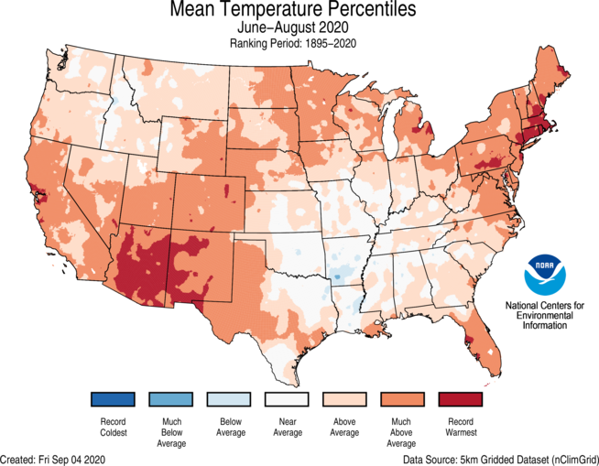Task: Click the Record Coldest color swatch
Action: coord(114,399)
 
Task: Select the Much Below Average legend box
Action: coord(171,399)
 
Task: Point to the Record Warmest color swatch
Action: coord(460,399)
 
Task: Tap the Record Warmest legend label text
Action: coord(460,427)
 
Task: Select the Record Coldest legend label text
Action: coord(114,427)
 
